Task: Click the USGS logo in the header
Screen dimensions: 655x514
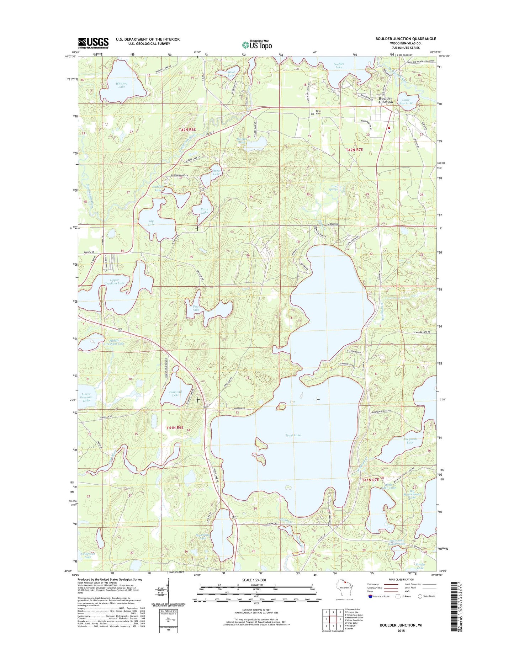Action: click(x=93, y=43)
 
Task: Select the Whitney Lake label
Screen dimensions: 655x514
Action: click(x=122, y=85)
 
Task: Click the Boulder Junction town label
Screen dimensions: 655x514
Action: click(x=386, y=100)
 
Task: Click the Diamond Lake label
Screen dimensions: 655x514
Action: click(x=175, y=393)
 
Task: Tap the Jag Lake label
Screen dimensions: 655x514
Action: click(x=151, y=223)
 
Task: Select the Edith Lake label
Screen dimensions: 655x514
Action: click(x=204, y=211)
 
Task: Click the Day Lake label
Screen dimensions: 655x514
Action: click(x=196, y=308)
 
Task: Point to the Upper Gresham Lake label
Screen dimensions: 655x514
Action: click(x=115, y=281)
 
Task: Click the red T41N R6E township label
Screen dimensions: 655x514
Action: click(x=175, y=428)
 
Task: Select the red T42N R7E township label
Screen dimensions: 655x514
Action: click(x=354, y=150)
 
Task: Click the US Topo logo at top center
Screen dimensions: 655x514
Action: click(x=257, y=44)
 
